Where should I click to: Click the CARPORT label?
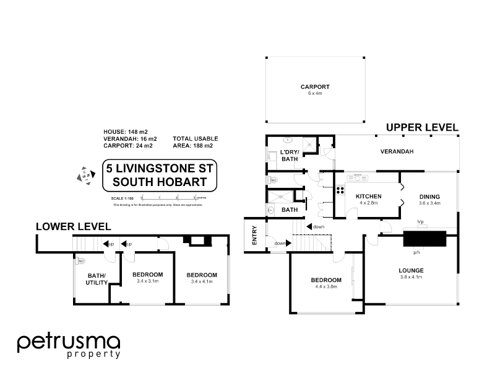pyautogui.click(x=315, y=87)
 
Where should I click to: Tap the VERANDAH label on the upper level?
pyautogui.click(x=397, y=151)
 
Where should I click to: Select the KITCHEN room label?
pyautogui.click(x=368, y=197)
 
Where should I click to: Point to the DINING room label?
pyautogui.click(x=429, y=197)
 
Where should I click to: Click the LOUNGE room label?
pyautogui.click(x=411, y=270)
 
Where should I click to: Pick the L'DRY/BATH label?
pyautogui.click(x=290, y=156)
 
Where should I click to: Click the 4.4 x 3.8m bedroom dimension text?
pyautogui.click(x=326, y=287)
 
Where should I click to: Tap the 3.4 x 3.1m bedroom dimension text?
pyautogui.click(x=147, y=281)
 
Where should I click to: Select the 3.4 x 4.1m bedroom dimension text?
pyautogui.click(x=202, y=281)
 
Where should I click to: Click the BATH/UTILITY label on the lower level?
pyautogui.click(x=97, y=279)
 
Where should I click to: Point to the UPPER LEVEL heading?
pyautogui.click(x=422, y=128)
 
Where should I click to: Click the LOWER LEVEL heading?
pyautogui.click(x=73, y=226)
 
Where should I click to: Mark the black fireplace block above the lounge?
pyautogui.click(x=424, y=239)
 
